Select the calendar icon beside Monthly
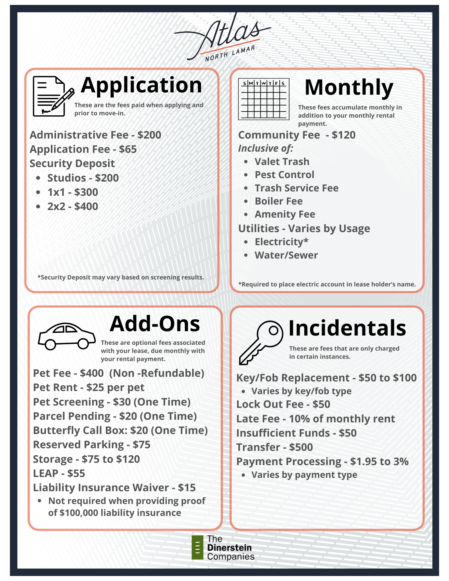coord(264,99)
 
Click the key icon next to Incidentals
coord(260,342)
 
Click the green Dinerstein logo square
coord(198,547)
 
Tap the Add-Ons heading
coord(155,324)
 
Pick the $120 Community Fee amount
coord(344,135)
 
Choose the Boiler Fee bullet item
coord(278,201)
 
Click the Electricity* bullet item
coord(281,242)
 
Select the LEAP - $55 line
coord(59,473)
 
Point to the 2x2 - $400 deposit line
coord(73,207)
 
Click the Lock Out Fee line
coord(283,404)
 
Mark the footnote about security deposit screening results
coord(121,277)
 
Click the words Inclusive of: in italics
coord(266,148)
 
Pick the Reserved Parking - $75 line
coord(92,445)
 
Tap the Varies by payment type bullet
coord(304,475)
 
